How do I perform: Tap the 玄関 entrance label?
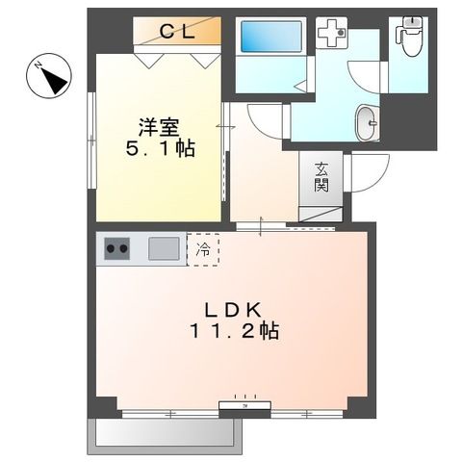point(321,177)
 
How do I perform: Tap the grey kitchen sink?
point(163,249)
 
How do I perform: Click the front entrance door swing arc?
point(366,174)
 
